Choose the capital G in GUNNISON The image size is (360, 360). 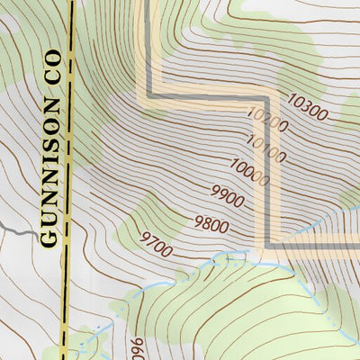[49, 238]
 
